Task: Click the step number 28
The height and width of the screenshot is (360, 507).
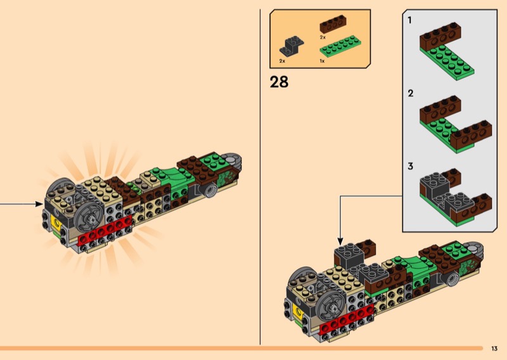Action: (279, 82)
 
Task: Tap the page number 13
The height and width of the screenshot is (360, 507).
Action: (494, 349)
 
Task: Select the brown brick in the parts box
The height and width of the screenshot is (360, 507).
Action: (333, 24)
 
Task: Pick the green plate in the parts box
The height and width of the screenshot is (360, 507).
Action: (340, 46)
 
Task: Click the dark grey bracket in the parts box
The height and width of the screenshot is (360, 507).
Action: (292, 46)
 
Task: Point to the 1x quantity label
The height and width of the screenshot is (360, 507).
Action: (322, 61)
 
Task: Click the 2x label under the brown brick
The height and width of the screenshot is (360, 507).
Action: (323, 37)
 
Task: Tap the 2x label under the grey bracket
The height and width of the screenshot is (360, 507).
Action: (282, 61)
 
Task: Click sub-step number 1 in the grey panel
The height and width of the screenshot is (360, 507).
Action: (409, 20)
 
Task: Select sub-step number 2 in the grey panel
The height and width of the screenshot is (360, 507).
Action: (410, 93)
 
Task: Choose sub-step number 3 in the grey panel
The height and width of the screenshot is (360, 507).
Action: (410, 166)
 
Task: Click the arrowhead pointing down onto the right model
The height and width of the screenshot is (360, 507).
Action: (340, 241)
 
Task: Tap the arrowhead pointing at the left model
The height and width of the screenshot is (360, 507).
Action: (39, 204)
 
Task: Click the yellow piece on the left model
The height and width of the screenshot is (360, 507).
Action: (56, 223)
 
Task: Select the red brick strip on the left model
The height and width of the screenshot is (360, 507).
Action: (105, 229)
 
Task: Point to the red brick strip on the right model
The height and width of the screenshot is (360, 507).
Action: (347, 319)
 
